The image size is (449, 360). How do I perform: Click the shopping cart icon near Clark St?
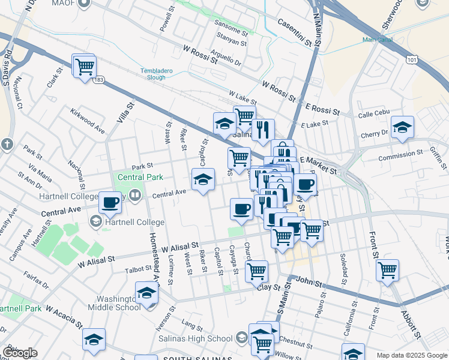[x=85, y=65]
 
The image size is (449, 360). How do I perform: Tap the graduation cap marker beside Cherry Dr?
[x=402, y=127]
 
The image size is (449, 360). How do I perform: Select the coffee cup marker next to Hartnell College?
[x=110, y=202]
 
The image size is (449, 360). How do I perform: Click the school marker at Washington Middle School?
[x=146, y=293]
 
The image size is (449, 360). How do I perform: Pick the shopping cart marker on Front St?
[x=388, y=269]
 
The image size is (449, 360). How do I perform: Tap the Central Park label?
[x=139, y=178]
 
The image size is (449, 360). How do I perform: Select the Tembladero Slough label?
[x=157, y=74]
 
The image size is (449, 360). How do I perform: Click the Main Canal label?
[x=376, y=40]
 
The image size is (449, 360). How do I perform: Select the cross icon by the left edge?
[x=7, y=145]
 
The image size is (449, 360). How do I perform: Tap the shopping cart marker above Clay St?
[x=256, y=271]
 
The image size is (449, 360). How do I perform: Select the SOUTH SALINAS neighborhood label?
[x=197, y=358]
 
